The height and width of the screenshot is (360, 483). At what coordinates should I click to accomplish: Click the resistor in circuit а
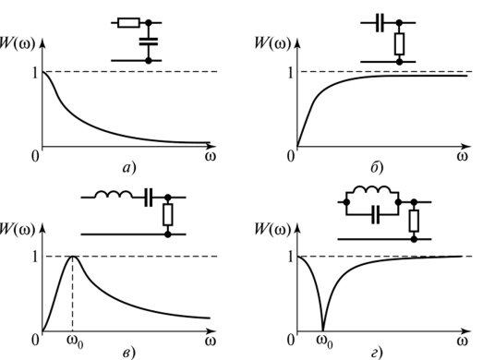coord(128,23)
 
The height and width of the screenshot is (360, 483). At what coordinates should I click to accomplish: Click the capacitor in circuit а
coord(149,42)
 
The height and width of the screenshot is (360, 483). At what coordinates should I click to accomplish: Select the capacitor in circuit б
coord(380,23)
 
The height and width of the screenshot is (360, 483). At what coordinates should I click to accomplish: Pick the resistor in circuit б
coord(400,44)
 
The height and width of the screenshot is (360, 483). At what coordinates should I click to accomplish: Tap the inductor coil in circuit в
coord(114,195)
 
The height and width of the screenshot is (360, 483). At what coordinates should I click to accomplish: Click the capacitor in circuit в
coord(149,198)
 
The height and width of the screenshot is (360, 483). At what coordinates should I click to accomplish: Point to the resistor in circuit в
coord(168,214)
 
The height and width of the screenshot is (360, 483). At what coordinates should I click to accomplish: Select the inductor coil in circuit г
coord(372,190)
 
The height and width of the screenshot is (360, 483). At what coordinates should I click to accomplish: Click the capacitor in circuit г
coord(376,215)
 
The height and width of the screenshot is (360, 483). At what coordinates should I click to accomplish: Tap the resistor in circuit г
coord(414,221)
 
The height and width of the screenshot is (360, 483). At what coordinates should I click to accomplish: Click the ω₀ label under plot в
coord(75,342)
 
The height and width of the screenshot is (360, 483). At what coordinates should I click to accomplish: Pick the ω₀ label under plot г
coord(325,342)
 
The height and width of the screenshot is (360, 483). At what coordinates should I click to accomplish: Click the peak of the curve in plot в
coord(73,257)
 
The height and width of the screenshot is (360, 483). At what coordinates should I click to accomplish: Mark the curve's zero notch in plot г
coord(323,330)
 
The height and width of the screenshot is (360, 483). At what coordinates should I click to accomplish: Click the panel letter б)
coord(377,168)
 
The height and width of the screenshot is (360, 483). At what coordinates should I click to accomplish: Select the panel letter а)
coord(129,168)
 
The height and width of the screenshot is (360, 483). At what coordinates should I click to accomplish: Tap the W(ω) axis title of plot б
coord(273,43)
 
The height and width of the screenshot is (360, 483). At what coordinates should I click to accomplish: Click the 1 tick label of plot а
coord(35,73)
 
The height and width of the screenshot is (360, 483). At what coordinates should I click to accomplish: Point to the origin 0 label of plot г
coord(291,340)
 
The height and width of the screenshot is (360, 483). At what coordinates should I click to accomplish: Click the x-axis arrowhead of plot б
coord(466,146)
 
